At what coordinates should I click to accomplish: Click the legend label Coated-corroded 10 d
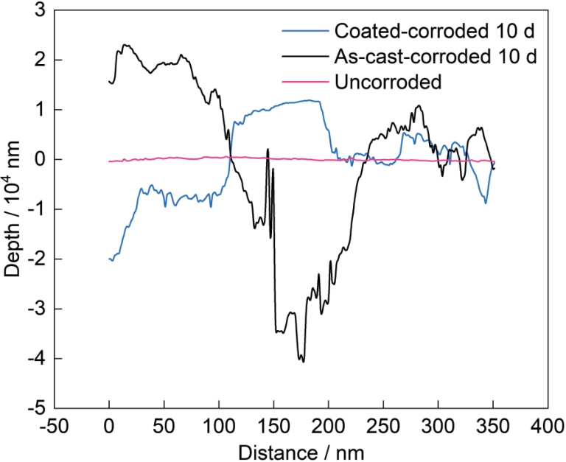coord(435,31)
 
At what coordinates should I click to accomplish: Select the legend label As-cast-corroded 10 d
coord(436,56)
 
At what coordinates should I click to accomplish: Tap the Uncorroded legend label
coord(388,82)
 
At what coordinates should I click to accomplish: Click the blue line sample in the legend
coord(305,31)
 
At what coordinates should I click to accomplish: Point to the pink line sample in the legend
coord(305,82)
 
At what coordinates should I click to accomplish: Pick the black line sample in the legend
coord(305,57)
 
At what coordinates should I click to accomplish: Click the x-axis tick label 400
coord(548,427)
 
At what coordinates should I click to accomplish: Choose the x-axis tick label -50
coord(54,427)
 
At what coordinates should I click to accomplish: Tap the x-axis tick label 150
coord(273,427)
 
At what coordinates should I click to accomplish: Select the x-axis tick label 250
coord(383,427)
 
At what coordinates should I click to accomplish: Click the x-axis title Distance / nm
coord(301,452)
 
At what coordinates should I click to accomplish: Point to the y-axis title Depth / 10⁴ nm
coord(12,209)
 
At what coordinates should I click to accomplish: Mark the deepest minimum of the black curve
coord(303,362)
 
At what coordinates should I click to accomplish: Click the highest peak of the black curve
coord(125,45)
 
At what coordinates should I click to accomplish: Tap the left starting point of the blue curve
coord(109,259)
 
